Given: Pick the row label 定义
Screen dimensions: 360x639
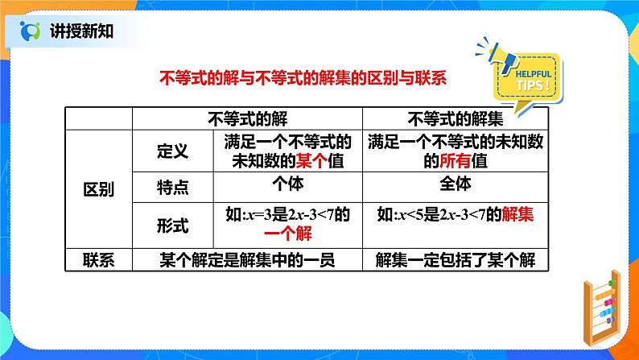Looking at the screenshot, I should tap(171, 149).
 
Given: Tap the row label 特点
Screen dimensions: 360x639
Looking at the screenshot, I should tap(171, 188).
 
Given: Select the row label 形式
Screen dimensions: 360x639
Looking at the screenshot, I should tap(171, 226).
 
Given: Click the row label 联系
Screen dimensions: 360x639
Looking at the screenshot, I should tap(99, 259).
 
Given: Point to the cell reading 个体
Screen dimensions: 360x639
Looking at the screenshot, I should tap(288, 183).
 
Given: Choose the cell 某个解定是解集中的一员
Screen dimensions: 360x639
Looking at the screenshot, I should tap(247, 259).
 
